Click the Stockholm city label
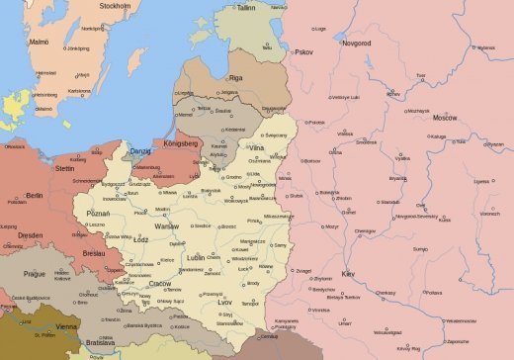(115, 5)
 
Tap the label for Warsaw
(166, 225)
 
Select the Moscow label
(445, 118)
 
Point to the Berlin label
(35, 196)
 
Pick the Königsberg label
(183, 142)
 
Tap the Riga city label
(235, 77)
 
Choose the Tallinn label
(245, 7)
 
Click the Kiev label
(348, 272)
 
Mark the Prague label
(36, 273)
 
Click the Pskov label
(302, 51)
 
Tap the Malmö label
(39, 43)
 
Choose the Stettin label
(65, 169)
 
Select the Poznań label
(99, 213)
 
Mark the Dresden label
(30, 235)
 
